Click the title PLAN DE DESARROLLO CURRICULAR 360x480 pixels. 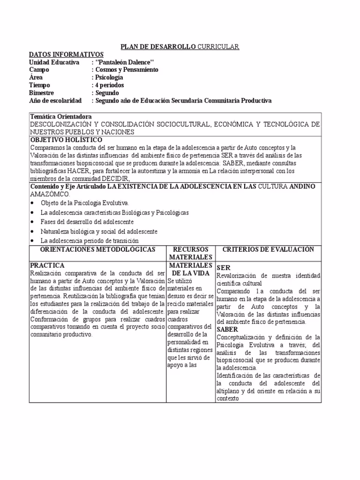[180, 46]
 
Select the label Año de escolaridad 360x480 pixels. [55, 100]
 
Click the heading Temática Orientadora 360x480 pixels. [61, 116]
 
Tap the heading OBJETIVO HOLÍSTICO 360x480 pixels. [66, 140]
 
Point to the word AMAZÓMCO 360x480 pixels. [50, 194]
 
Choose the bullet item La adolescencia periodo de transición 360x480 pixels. [90, 240]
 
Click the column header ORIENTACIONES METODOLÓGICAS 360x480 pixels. [97, 249]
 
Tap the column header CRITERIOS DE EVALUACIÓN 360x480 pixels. [268, 249]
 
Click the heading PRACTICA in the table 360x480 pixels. [46, 265]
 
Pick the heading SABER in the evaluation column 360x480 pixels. [227, 330]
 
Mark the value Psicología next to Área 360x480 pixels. [109, 77]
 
